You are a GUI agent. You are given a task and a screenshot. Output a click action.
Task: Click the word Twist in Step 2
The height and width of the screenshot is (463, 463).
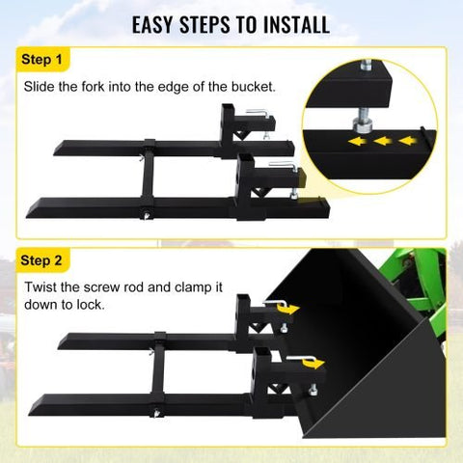(41, 287)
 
